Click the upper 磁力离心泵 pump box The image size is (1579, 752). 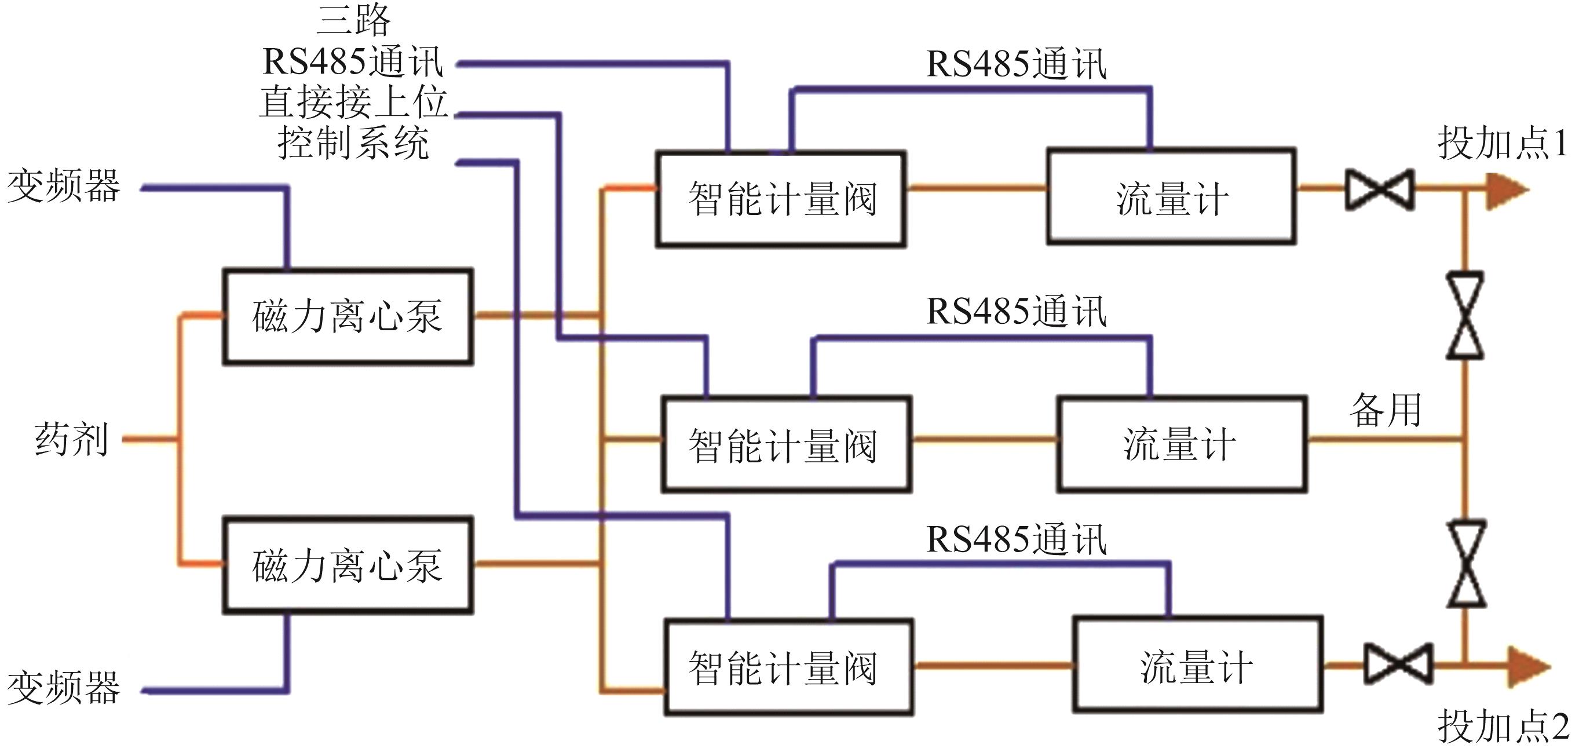pos(348,316)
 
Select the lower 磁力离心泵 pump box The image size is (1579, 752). pos(348,564)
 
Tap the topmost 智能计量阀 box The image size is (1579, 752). pos(781,199)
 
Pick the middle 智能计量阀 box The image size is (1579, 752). pos(786,444)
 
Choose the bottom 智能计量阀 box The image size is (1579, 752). pos(789,667)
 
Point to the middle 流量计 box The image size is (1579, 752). pos(1181,444)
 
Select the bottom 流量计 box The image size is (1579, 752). pos(1197,666)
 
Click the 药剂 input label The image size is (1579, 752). pos(71,439)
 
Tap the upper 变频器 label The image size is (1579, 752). pos(64,186)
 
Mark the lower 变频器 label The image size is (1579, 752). pos(64,688)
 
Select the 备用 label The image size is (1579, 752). pos(1386,410)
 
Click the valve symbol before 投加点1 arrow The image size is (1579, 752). pos(1379,189)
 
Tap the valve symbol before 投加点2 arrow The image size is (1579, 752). pos(1398,663)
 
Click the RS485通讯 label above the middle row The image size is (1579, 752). pos(1015,311)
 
